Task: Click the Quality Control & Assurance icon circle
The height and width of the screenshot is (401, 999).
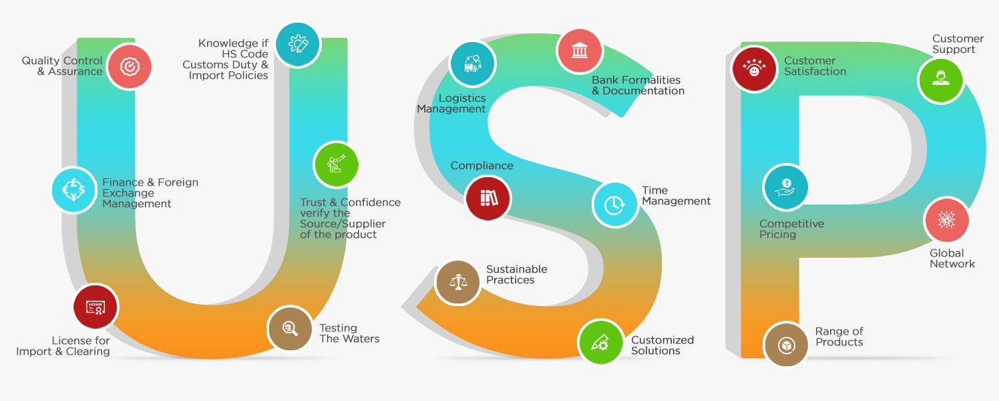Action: [130, 67]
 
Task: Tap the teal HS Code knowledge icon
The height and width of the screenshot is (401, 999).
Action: [297, 44]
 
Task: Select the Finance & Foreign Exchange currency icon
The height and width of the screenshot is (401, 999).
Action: [73, 190]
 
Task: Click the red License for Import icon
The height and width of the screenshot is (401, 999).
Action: [95, 307]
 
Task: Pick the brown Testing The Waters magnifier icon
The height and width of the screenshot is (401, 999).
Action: [290, 329]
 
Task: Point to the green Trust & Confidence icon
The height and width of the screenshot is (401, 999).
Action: [337, 164]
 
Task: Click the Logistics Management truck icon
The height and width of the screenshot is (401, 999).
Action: [472, 64]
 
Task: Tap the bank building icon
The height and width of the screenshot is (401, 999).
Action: [580, 51]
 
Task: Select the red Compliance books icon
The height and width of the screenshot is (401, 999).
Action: [488, 198]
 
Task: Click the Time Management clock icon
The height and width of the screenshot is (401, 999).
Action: [615, 205]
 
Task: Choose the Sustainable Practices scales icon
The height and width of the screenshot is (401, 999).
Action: [457, 282]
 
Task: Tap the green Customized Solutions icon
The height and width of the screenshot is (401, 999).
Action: [600, 342]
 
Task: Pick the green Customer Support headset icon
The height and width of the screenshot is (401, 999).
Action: [941, 80]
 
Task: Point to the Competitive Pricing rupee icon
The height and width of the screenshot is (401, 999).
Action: [785, 187]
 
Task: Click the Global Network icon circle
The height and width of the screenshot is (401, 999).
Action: [947, 220]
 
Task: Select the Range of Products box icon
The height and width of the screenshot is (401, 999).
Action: [786, 345]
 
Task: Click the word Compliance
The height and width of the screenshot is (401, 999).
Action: [481, 166]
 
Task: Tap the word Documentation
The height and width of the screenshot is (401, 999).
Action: [643, 91]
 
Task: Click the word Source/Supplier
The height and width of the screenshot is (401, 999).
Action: [343, 224]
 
